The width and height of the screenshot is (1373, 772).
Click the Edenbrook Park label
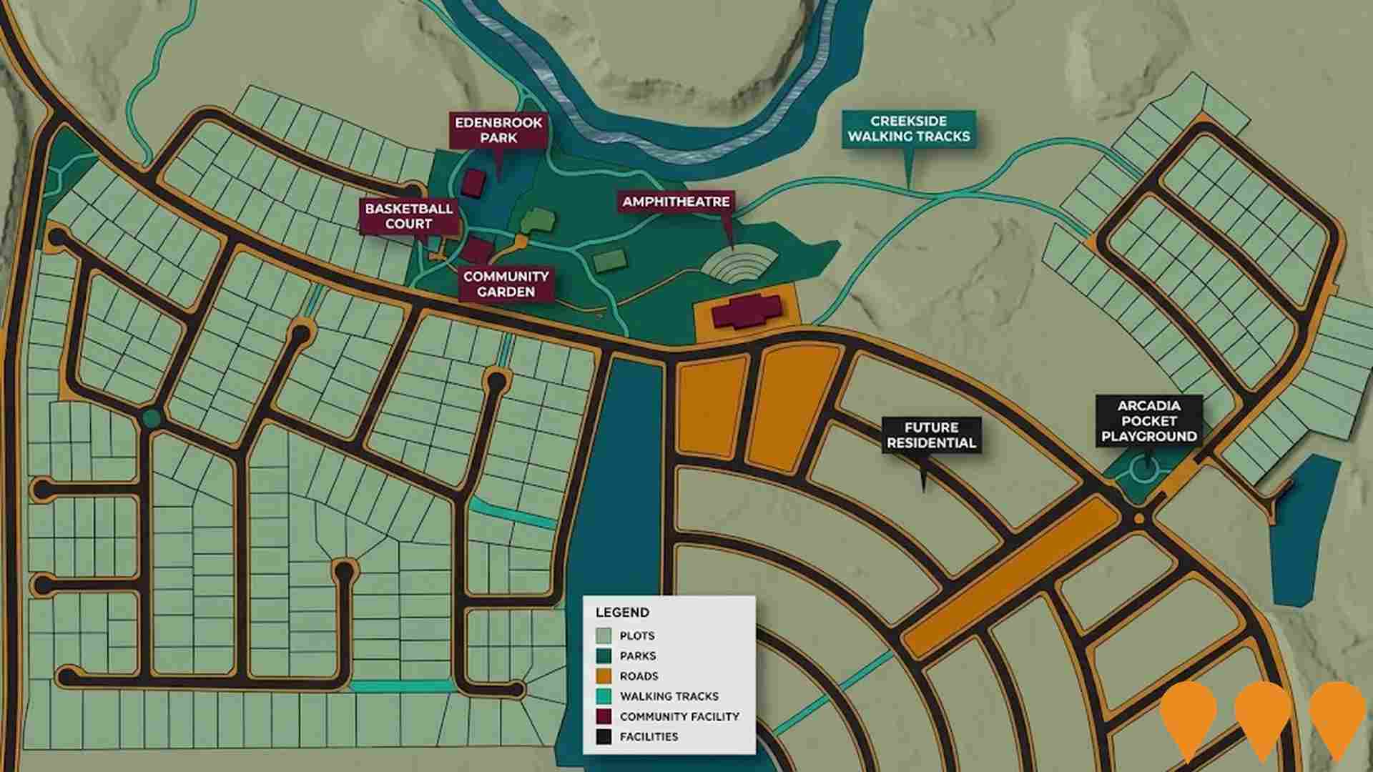498,130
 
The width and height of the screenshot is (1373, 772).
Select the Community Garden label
506,284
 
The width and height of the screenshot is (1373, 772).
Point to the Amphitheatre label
676,202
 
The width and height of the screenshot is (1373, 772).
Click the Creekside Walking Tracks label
908,129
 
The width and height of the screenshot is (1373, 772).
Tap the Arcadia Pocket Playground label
1148,421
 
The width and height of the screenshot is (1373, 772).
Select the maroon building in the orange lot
746,312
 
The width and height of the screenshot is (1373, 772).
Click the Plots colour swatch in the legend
604,635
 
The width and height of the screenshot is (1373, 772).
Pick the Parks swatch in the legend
604,655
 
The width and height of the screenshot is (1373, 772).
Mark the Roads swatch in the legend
604,675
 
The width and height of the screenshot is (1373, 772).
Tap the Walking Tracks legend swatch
604,696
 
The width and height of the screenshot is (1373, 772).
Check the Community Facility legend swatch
604,716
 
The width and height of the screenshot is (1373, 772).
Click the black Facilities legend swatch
604,736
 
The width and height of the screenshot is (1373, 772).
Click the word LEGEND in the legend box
622,613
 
